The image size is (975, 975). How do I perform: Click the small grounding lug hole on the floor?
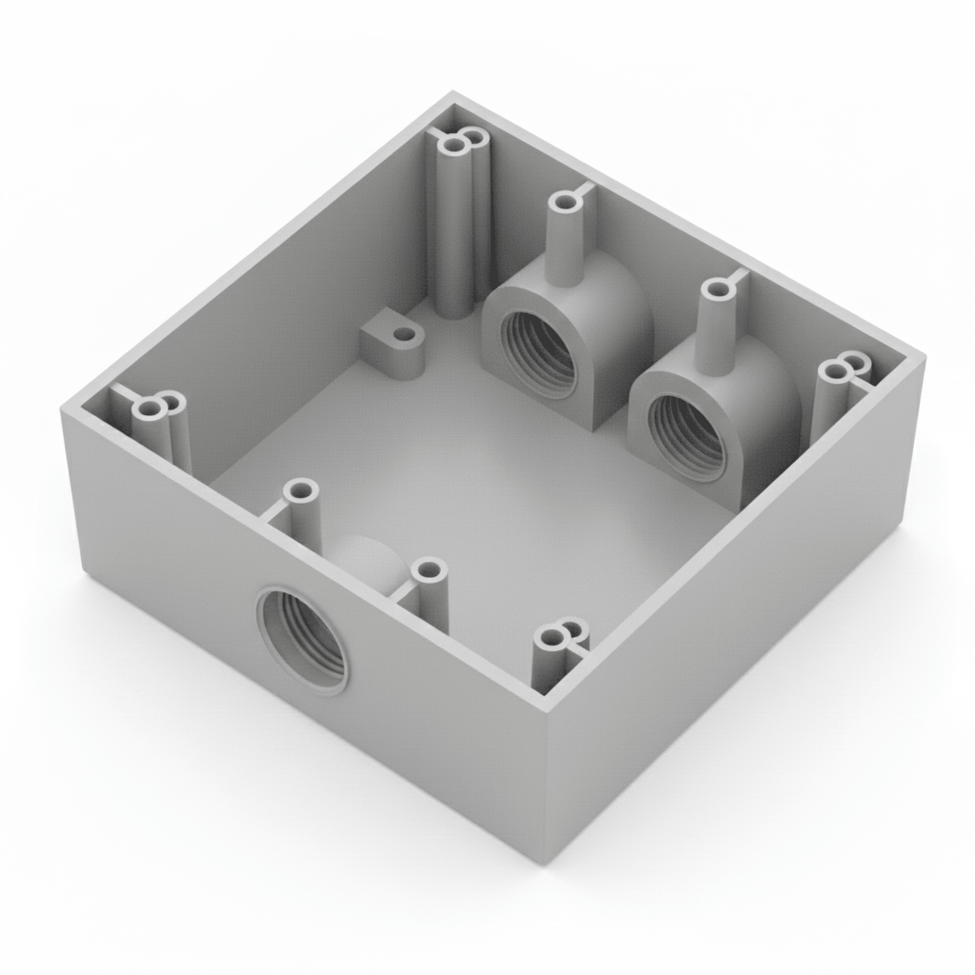[x=402, y=335]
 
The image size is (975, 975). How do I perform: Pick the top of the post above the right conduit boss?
[x=717, y=289]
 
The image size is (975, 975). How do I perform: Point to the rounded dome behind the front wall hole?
[x=366, y=558]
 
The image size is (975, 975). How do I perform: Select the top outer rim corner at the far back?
[x=452, y=93]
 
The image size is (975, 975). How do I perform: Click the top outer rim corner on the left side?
[x=61, y=409]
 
